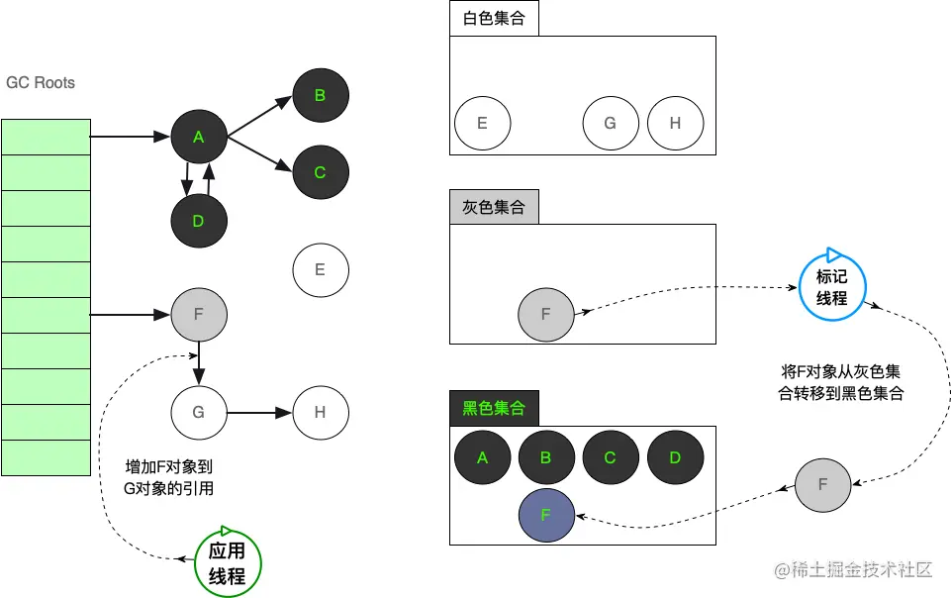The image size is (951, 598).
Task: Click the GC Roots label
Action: point(41,83)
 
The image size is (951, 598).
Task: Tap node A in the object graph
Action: point(199,138)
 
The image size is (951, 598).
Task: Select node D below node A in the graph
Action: point(199,221)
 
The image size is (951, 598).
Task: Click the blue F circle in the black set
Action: point(546,516)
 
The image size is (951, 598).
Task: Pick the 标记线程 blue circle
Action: point(831,287)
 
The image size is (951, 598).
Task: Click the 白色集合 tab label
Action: point(494,19)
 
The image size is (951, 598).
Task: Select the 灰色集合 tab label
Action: point(494,208)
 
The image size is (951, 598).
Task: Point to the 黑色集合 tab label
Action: point(494,408)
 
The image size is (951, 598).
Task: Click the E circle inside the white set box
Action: point(482,124)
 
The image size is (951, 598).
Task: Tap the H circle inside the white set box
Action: point(675,124)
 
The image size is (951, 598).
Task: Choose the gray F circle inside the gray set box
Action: point(546,315)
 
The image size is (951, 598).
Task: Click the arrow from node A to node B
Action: point(259,115)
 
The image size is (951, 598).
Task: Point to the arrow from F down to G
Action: point(199,362)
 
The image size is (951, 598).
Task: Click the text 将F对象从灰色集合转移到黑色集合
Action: point(841,382)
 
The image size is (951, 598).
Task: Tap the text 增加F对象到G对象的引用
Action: point(169,476)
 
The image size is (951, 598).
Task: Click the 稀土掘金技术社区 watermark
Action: point(854,570)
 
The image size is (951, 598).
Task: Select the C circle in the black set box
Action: point(611,457)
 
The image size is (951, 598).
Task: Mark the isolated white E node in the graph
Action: point(320,269)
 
